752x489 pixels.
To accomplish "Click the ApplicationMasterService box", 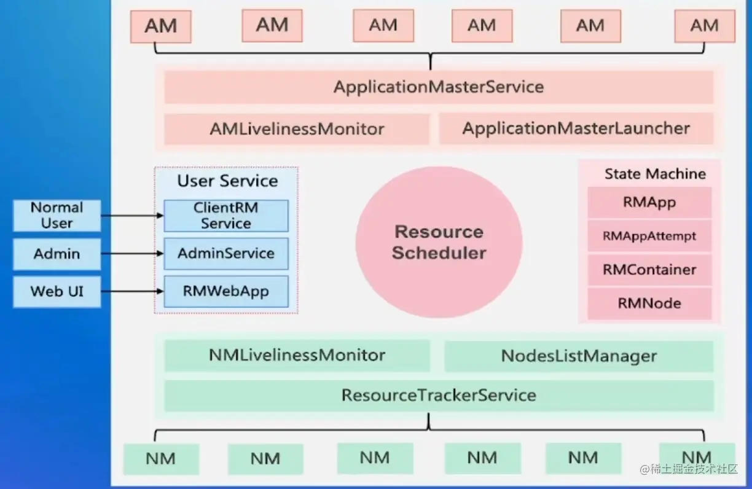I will click(x=439, y=87).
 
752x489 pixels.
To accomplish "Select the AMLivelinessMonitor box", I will click(x=297, y=129).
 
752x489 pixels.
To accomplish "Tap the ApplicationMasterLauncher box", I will click(x=576, y=129).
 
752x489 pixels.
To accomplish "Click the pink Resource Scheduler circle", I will click(x=439, y=242).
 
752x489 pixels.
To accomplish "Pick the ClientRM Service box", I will click(x=225, y=216).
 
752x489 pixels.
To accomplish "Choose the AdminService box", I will click(x=225, y=254).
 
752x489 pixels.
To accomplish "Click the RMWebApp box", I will click(x=225, y=291).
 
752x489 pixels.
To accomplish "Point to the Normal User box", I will click(x=57, y=216).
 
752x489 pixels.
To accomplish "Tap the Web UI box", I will click(x=57, y=291).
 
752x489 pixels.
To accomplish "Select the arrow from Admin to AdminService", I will click(x=131, y=253).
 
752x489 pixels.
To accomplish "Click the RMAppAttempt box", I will click(x=649, y=237).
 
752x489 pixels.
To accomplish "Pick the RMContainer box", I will click(x=649, y=270).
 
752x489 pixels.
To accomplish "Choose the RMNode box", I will click(x=649, y=303).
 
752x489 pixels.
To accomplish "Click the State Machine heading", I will click(x=655, y=174).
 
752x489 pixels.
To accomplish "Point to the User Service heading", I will click(x=227, y=181).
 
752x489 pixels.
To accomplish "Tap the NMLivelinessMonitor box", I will click(x=297, y=356).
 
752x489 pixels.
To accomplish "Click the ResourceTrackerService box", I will click(x=439, y=395).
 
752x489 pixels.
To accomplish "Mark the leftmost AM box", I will click(x=161, y=27).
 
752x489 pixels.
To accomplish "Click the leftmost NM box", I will click(x=161, y=459).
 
